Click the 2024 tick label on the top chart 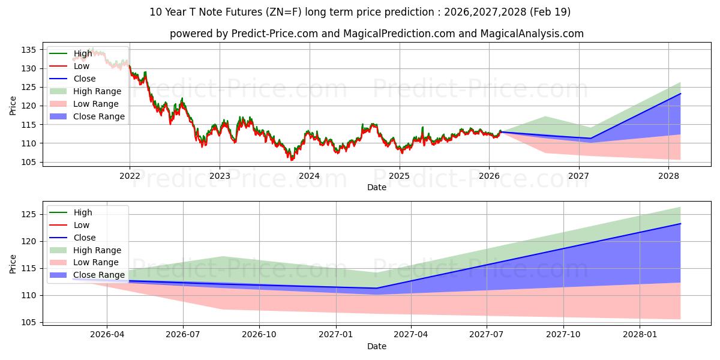coord(309,176)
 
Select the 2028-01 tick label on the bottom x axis coord(640,335)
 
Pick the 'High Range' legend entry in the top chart coord(97,91)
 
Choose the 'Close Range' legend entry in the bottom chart coord(98,275)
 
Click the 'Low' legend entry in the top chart coord(82,66)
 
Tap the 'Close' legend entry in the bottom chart coord(84,238)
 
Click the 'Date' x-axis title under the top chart coord(376,187)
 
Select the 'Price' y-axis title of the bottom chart coord(13,263)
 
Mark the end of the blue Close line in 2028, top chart coord(680,94)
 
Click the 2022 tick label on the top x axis coord(130,176)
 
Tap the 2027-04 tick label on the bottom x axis coord(412,335)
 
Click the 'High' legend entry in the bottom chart coord(82,212)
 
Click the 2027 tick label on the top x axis coord(579,176)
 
